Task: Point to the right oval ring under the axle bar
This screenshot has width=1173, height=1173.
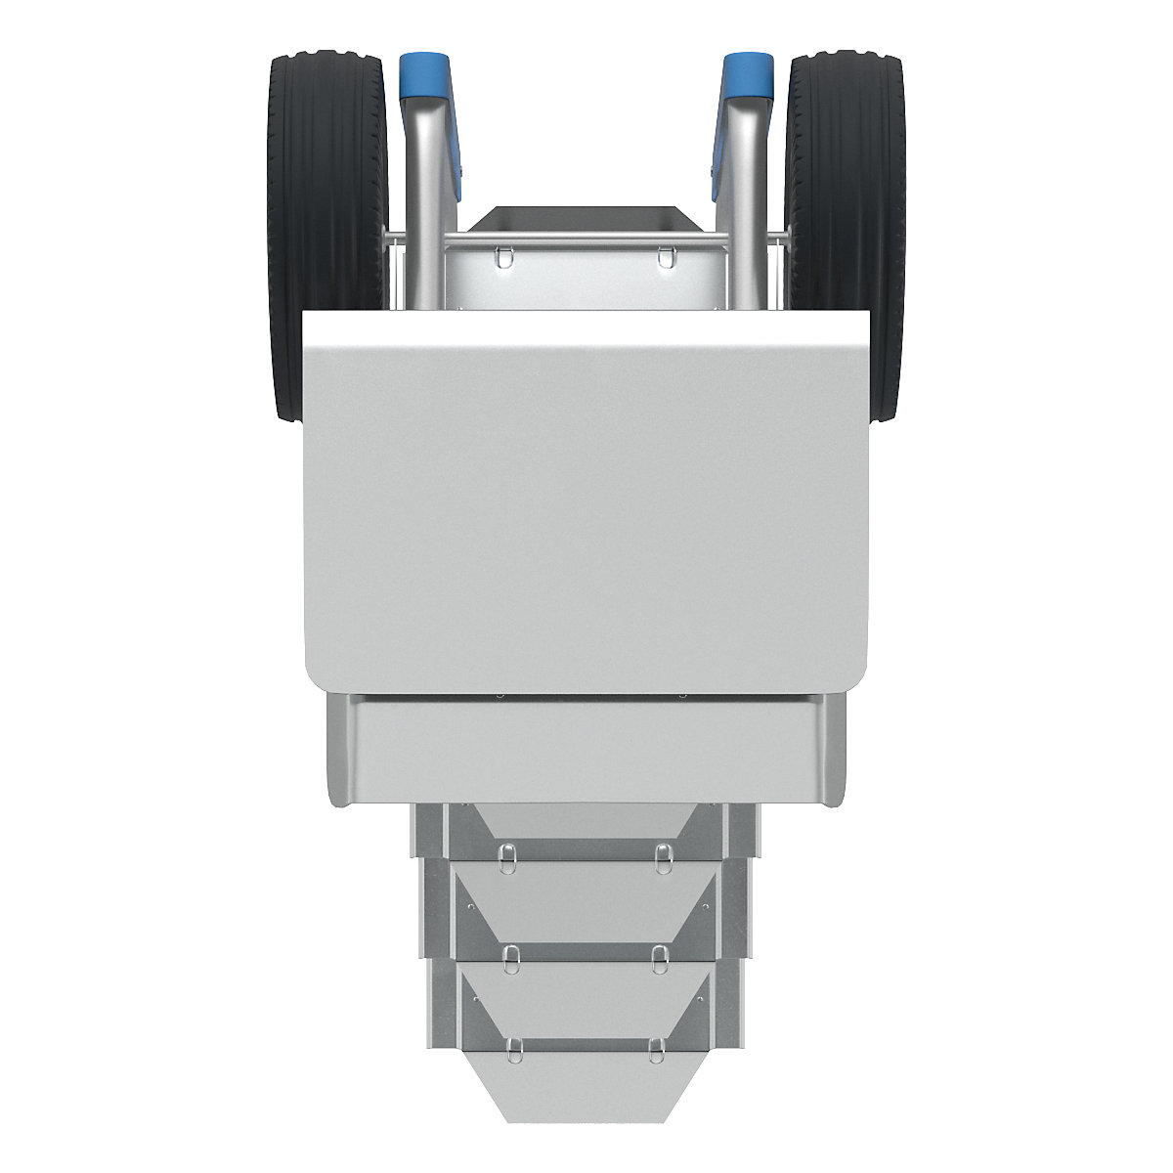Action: [666, 256]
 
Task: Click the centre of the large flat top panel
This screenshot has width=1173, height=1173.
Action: [586, 499]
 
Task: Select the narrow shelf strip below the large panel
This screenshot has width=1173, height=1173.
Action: [586, 748]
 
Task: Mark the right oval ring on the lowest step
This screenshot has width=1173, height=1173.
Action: [656, 1049]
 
